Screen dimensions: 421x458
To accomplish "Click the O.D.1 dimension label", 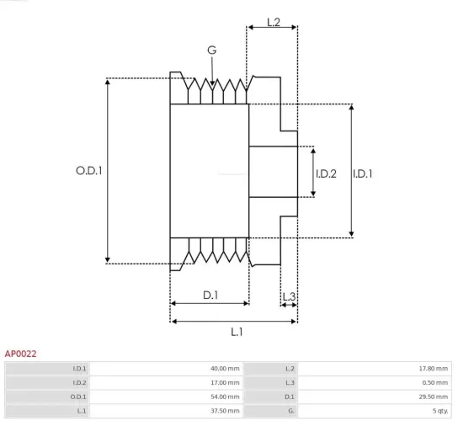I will coord(88,170).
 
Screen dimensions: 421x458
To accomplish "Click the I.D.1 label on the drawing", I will coord(363,173).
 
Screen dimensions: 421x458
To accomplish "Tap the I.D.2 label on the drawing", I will coord(326,173).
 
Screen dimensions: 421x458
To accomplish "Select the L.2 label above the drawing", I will coord(274,22).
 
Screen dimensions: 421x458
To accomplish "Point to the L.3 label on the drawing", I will coord(289,296).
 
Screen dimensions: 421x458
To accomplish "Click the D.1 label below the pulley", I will coord(210,295).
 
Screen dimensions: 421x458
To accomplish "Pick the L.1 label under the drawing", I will coord(237,332).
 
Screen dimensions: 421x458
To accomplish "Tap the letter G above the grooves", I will coord(212,51).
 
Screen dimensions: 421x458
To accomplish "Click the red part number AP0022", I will coord(20,354).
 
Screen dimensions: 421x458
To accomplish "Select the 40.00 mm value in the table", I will coord(225,369).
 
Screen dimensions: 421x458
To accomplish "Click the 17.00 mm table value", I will coord(225,383).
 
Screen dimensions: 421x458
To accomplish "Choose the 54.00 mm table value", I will coord(225,397).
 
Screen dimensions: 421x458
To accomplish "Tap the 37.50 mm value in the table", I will coord(225,410).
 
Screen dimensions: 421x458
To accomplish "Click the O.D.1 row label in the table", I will coord(78,397).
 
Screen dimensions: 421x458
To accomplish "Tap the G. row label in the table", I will coord(290,410).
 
